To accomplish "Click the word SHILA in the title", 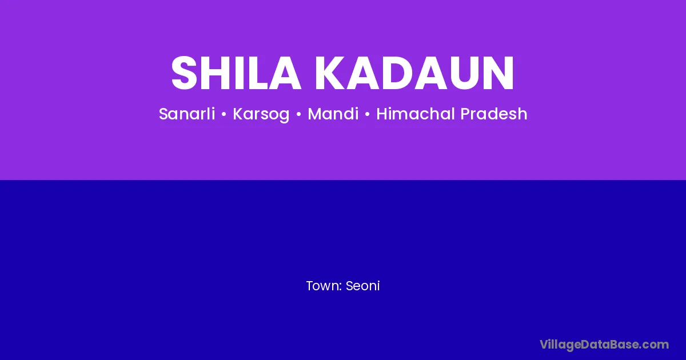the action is pos(236,73).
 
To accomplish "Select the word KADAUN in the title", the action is pos(414,73).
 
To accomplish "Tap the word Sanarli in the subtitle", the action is pos(187,114).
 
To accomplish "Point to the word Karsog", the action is pos(261,114).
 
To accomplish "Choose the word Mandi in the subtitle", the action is pos(333,114).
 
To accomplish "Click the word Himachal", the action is pos(416,114).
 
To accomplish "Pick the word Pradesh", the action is pos(494,114).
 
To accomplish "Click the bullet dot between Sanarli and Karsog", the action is pos(224,114).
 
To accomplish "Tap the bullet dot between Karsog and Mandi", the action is pos(298,114).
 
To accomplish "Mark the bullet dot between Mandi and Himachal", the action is pos(368,114).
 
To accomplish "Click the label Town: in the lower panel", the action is pos(324,286).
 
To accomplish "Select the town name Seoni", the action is pos(362,286).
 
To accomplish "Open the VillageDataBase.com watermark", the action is pos(604,345).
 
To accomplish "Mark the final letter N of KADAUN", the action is pos(499,73).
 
